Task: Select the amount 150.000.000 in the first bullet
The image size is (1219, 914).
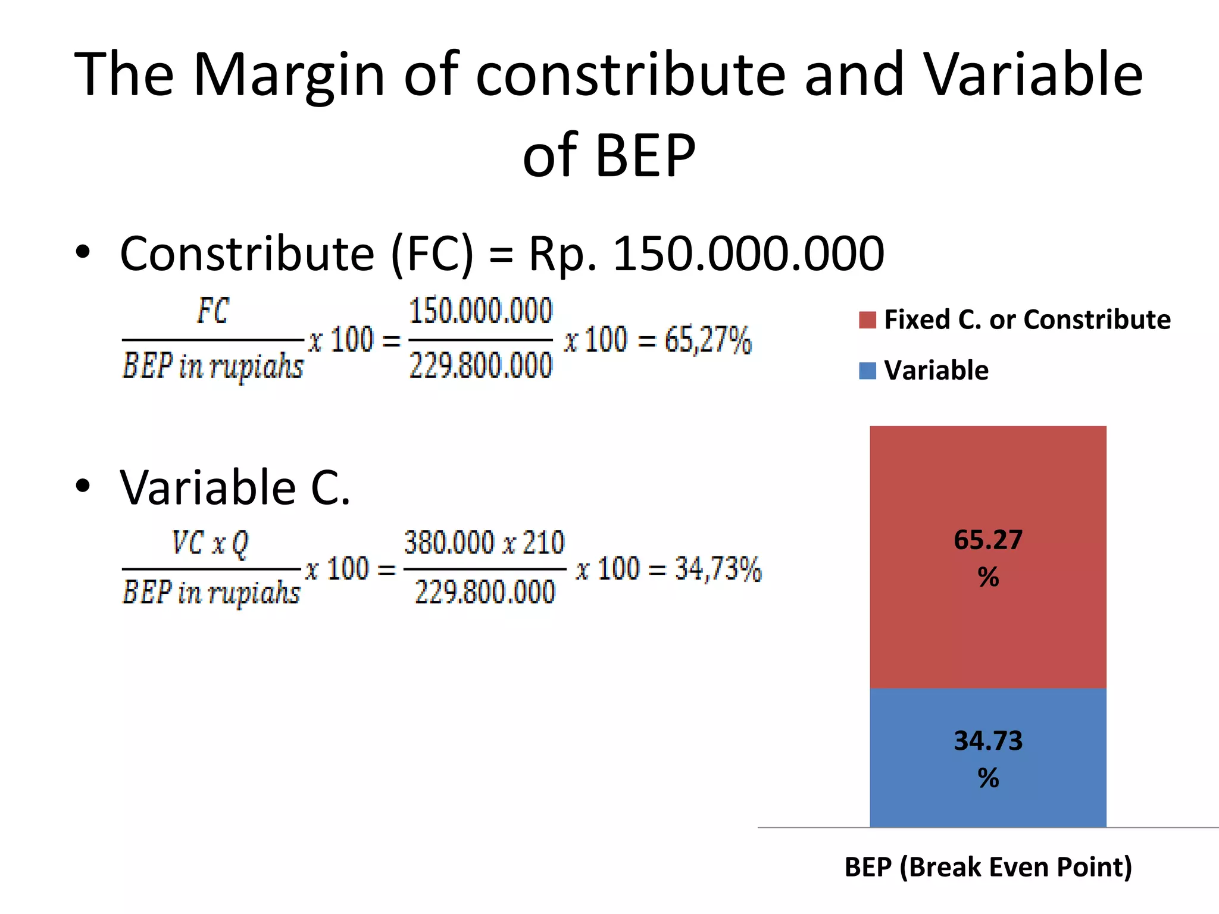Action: (748, 254)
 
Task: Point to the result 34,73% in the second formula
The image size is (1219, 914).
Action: (718, 569)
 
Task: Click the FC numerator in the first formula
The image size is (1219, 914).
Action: (212, 311)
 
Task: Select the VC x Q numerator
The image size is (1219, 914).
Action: (210, 543)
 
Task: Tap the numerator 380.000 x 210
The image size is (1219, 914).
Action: (484, 543)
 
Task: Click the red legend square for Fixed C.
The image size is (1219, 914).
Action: (867, 320)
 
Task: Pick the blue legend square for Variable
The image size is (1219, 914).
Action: (867, 371)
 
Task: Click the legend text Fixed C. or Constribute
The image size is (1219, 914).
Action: (1027, 320)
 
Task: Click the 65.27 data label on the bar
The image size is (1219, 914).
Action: (988, 540)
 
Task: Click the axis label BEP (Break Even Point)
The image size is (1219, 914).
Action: (988, 867)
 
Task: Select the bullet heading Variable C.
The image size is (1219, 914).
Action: (235, 488)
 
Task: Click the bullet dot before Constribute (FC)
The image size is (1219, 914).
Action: (83, 252)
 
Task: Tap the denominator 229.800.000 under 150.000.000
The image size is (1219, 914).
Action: (481, 365)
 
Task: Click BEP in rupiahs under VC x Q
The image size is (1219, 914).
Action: (211, 593)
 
